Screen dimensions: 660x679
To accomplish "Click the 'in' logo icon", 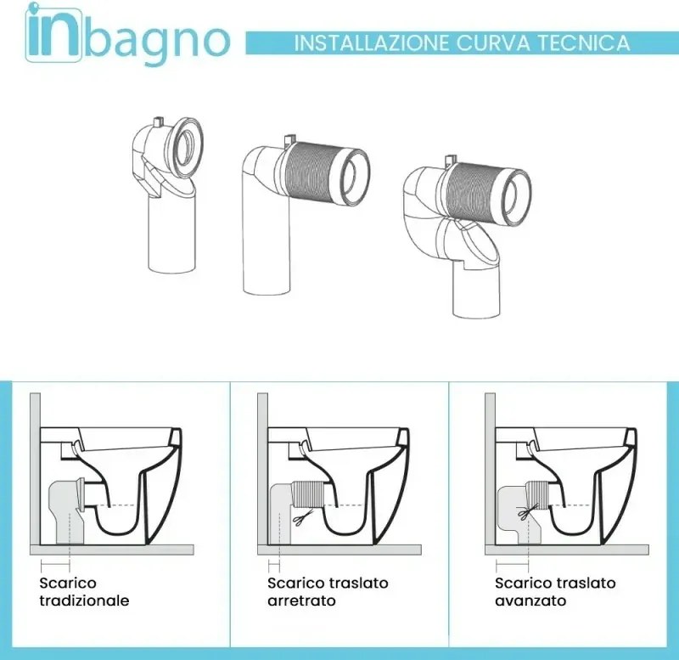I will (53, 37).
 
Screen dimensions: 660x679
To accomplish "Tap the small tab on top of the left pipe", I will (159, 125).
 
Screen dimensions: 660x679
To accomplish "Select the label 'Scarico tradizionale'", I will (84, 592).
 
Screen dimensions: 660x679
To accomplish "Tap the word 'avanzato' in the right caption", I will (530, 601).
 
